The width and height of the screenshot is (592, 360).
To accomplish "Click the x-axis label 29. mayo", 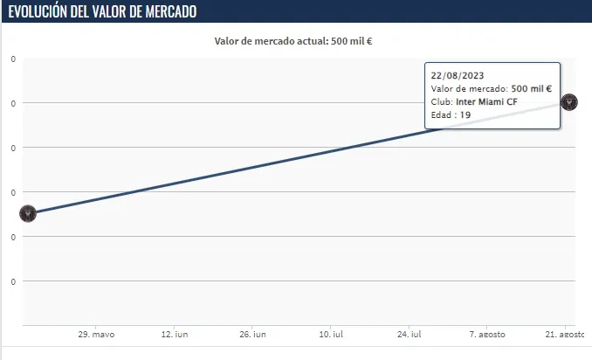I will click(96, 335).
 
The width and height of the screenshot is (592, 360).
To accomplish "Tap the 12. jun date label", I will click(174, 335).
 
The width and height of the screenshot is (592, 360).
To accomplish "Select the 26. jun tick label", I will click(251, 335).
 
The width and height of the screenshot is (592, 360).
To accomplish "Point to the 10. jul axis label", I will click(329, 335).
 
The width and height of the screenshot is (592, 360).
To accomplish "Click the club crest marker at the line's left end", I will click(27, 213).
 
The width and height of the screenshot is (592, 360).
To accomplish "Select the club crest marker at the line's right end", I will click(568, 102).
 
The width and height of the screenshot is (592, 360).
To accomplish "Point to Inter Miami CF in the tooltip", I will click(486, 101).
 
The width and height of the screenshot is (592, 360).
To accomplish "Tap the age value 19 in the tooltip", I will click(465, 114).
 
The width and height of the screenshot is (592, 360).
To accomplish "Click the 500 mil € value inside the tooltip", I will click(531, 88).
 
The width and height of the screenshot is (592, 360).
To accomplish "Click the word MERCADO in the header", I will click(168, 11).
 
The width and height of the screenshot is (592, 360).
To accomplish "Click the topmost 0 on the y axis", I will click(13, 59).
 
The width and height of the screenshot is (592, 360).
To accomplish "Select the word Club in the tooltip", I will click(441, 101).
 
